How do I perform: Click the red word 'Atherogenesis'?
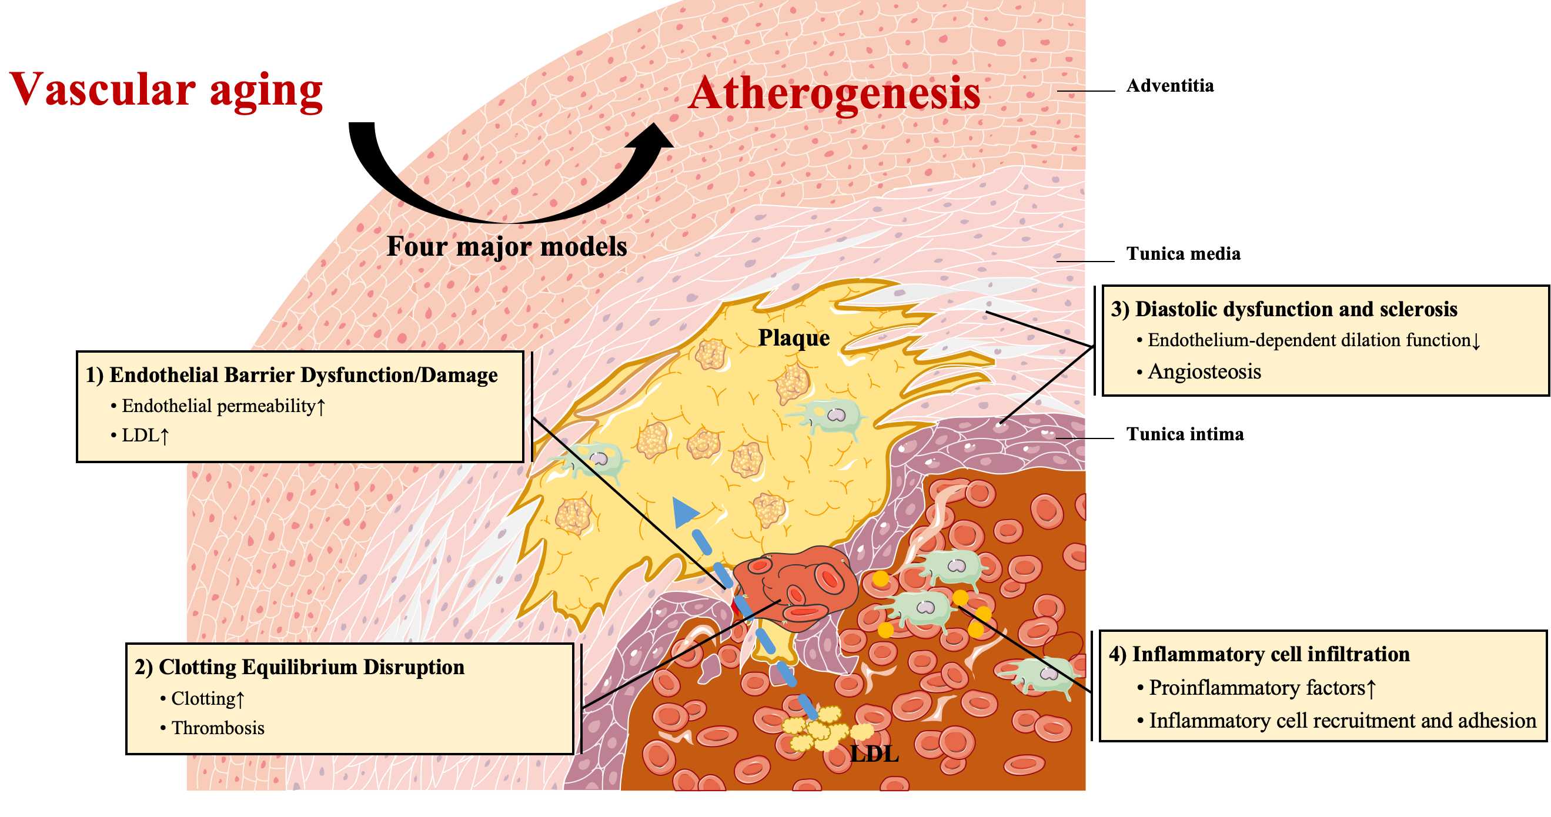pyautogui.click(x=834, y=94)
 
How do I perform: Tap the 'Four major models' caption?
pyautogui.click(x=506, y=246)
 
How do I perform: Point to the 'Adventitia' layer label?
pyautogui.click(x=1170, y=85)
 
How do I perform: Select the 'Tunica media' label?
pyautogui.click(x=1183, y=253)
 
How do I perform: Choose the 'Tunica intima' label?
pyautogui.click(x=1185, y=434)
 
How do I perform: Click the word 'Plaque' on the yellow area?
pyautogui.click(x=794, y=338)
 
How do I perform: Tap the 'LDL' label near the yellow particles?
pyautogui.click(x=874, y=754)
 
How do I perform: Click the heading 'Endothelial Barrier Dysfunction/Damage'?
pyautogui.click(x=303, y=375)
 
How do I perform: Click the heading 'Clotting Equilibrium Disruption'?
pyautogui.click(x=311, y=667)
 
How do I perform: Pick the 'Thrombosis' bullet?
pyautogui.click(x=218, y=728)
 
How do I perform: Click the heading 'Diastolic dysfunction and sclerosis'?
pyautogui.click(x=1296, y=309)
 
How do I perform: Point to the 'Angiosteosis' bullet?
pyautogui.click(x=1204, y=372)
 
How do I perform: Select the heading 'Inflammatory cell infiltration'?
pyautogui.click(x=1271, y=654)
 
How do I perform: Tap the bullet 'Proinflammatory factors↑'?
pyautogui.click(x=1262, y=688)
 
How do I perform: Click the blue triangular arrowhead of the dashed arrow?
pyautogui.click(x=684, y=512)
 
